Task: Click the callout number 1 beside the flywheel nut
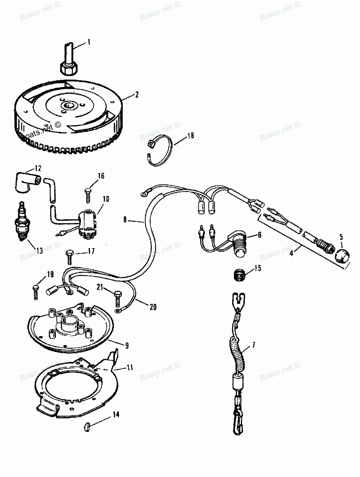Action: click(x=89, y=43)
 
